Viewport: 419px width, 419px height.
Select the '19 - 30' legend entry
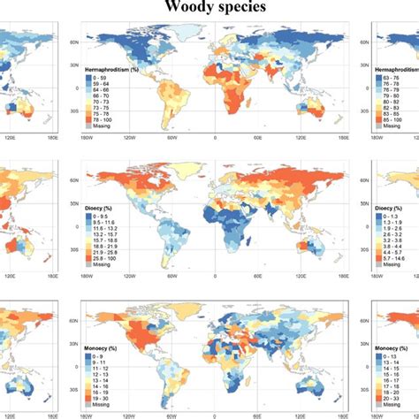click(112, 385)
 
